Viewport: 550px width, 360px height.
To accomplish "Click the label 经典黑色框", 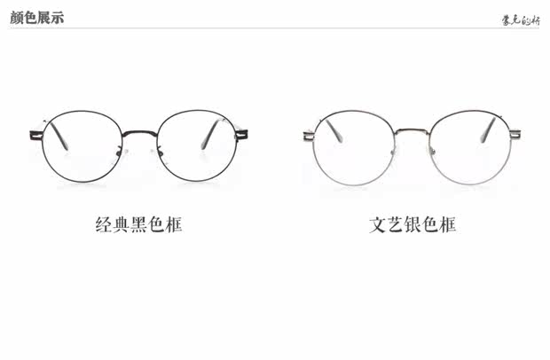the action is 138,224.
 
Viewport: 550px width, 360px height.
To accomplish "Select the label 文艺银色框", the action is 412,224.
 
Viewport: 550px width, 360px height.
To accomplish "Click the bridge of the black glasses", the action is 138,132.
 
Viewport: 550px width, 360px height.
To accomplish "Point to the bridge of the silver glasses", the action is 412,131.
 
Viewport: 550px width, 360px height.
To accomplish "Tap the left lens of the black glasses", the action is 80,146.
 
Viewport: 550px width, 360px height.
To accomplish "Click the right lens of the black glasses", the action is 198,146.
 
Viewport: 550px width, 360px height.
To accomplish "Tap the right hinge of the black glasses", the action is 241,135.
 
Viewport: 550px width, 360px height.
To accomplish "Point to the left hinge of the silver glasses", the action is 309,136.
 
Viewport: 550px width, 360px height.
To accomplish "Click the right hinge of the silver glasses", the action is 515,135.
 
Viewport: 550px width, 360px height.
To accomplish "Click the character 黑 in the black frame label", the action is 138,224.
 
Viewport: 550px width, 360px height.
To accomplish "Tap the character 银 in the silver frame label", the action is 412,224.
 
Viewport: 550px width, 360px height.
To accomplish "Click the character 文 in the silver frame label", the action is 378,224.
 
